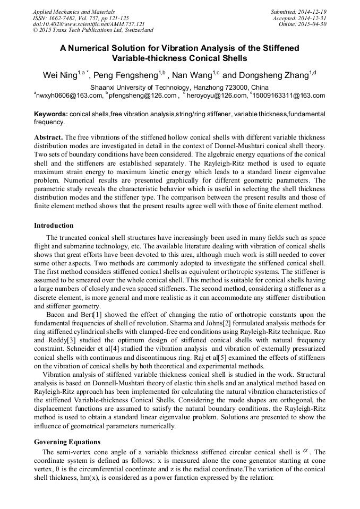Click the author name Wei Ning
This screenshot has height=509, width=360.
point(60,75)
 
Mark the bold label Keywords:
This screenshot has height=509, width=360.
point(51,114)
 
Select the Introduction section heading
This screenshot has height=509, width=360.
point(54,226)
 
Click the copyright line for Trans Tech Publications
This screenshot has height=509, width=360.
point(93,30)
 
